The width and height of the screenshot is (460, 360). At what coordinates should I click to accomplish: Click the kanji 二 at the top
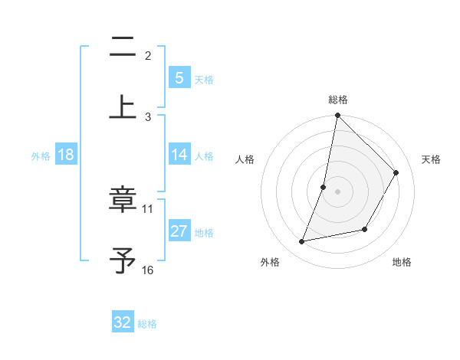click(123, 48)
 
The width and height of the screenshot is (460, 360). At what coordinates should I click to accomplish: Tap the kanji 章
click(123, 201)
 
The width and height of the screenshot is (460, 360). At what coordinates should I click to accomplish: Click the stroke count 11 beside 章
click(148, 208)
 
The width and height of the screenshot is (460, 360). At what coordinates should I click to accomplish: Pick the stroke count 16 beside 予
click(148, 270)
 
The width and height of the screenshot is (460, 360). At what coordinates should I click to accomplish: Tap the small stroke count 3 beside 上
click(148, 116)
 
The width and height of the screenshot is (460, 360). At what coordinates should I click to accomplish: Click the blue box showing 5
click(179, 78)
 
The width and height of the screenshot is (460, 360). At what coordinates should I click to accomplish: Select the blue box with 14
click(179, 155)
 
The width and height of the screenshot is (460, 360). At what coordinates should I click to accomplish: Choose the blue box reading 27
click(179, 231)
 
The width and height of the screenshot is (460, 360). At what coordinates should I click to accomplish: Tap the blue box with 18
click(66, 155)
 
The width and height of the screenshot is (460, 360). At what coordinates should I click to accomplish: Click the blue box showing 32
click(123, 322)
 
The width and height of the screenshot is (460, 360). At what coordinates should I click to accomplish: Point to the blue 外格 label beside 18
click(41, 155)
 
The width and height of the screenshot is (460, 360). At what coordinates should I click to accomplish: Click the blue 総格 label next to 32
click(147, 324)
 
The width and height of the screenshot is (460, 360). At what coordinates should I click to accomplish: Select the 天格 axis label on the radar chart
click(431, 159)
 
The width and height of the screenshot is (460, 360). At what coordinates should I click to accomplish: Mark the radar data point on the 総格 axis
click(337, 115)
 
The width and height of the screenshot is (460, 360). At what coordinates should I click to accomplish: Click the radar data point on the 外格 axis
click(302, 242)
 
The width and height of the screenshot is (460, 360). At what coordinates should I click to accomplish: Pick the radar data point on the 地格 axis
click(365, 229)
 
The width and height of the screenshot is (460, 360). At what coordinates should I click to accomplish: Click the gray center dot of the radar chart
click(337, 191)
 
